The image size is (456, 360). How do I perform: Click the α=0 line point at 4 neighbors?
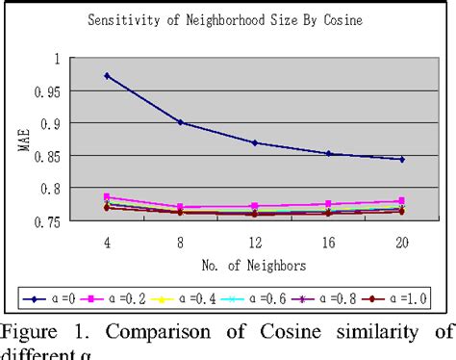[106, 75]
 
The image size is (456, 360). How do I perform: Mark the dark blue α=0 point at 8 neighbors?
[180, 122]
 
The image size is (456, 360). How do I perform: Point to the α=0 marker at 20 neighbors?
[401, 159]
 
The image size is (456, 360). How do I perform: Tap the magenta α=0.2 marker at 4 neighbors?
[106, 196]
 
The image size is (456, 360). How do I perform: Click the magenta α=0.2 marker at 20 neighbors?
[401, 201]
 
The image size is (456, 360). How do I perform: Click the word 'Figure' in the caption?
[31, 333]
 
